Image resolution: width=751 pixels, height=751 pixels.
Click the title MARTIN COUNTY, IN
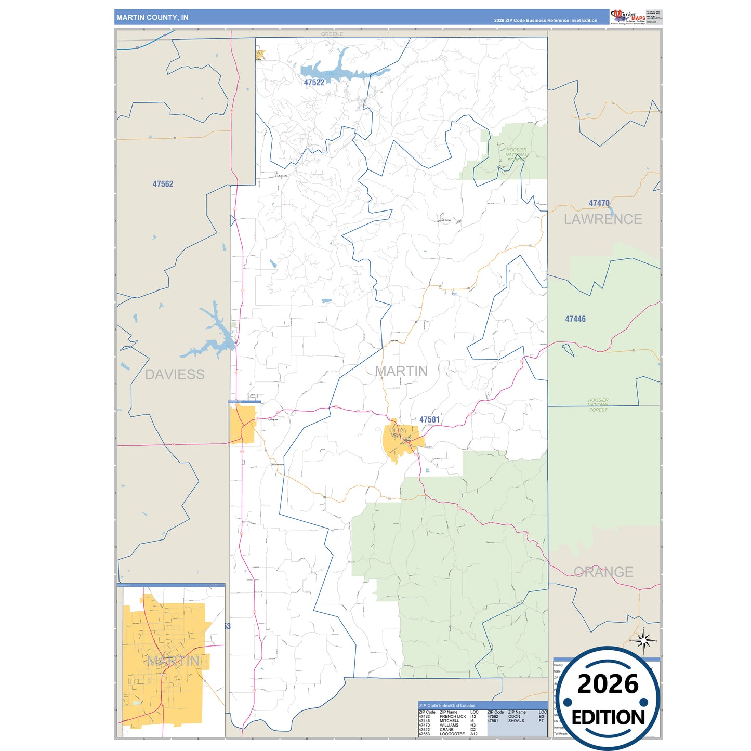pos(152,18)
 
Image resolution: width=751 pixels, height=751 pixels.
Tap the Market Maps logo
pos(628,17)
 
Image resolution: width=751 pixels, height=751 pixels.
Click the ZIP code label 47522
pos(314,83)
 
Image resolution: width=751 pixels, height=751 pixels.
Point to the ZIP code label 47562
pos(163,184)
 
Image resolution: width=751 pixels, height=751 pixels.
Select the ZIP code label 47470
pos(599,203)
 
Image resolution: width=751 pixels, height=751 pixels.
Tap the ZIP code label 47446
pos(575,319)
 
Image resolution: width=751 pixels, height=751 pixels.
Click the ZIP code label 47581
pos(429,419)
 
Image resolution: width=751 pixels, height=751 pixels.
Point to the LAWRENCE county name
pos(603,219)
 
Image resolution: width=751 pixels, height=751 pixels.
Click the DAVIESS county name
pos(175,374)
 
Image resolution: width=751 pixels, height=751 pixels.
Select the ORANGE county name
pos(603,572)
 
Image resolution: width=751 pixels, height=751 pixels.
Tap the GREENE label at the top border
pos(332,34)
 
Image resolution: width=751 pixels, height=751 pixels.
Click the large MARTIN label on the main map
pos(401,371)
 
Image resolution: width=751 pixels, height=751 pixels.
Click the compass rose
pos(643,641)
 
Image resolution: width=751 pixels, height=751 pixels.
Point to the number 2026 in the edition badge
pos(608,684)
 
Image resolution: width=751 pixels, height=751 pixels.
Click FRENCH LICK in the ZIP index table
pos(453,717)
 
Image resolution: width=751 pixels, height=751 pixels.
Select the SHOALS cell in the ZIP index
pos(516,721)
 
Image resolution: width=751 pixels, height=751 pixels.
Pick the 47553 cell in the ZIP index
pos(424,734)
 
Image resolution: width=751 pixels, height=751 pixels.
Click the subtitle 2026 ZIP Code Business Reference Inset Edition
pos(545,21)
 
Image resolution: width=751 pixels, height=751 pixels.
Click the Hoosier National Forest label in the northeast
pos(516,154)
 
